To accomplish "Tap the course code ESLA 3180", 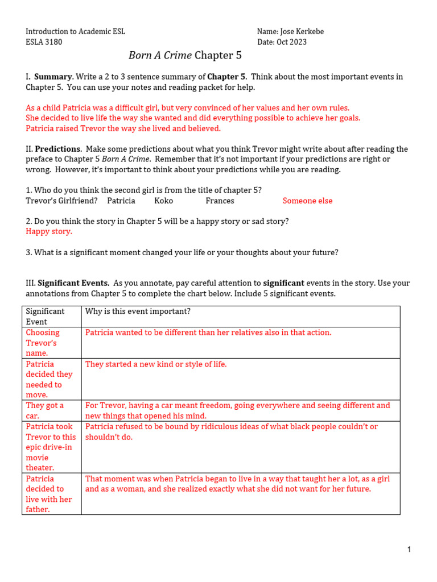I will click(44, 42).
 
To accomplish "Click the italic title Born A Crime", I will click(160, 55).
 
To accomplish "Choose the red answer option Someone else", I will click(307, 201).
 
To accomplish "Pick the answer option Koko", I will click(163, 201).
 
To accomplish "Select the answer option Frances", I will click(220, 201).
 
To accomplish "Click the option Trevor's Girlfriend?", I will click(61, 201).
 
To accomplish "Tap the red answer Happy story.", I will click(49, 231).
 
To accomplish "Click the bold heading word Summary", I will click(53, 77).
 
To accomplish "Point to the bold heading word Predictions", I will click(57, 149).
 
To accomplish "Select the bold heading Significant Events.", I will click(73, 283).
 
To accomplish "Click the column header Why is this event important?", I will click(138, 311).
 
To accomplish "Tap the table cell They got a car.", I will click(46, 410).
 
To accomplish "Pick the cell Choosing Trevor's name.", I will click(43, 343).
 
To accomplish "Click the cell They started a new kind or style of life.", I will click(156, 364).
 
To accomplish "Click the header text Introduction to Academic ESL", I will click(75, 32).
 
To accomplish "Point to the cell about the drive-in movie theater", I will click(51, 447).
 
